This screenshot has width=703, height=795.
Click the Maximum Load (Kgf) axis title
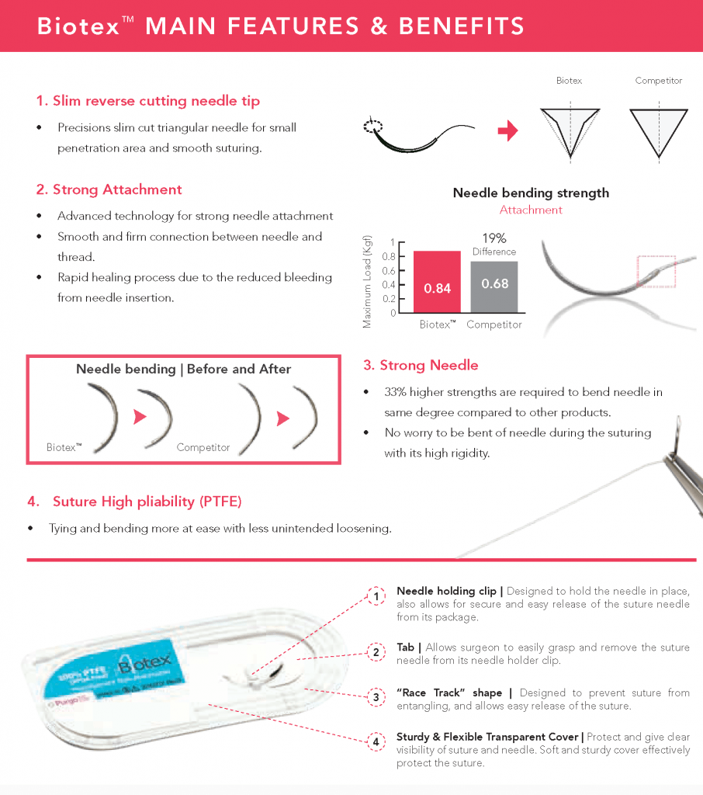point(368,281)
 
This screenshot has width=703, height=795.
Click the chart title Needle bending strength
point(531,193)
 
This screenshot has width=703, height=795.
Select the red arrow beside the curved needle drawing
point(507,132)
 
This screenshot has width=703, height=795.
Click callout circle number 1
point(376,596)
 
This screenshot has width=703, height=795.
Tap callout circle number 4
point(376,741)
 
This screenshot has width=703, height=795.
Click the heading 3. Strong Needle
point(421,365)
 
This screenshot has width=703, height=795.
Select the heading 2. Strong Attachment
point(109,189)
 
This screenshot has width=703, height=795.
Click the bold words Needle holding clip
point(446,592)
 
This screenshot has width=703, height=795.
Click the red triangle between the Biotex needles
point(140,418)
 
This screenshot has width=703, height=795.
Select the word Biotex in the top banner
point(78,26)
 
